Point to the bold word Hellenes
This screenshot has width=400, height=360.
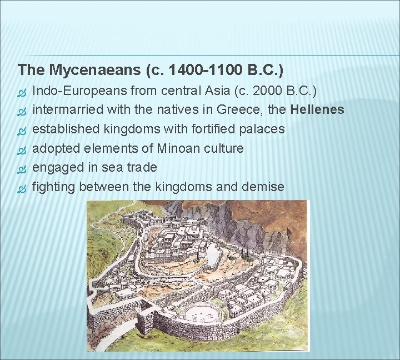click(x=317, y=109)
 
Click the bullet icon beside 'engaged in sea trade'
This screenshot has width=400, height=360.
click(x=22, y=168)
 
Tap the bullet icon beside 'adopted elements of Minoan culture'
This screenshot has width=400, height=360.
click(x=22, y=149)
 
